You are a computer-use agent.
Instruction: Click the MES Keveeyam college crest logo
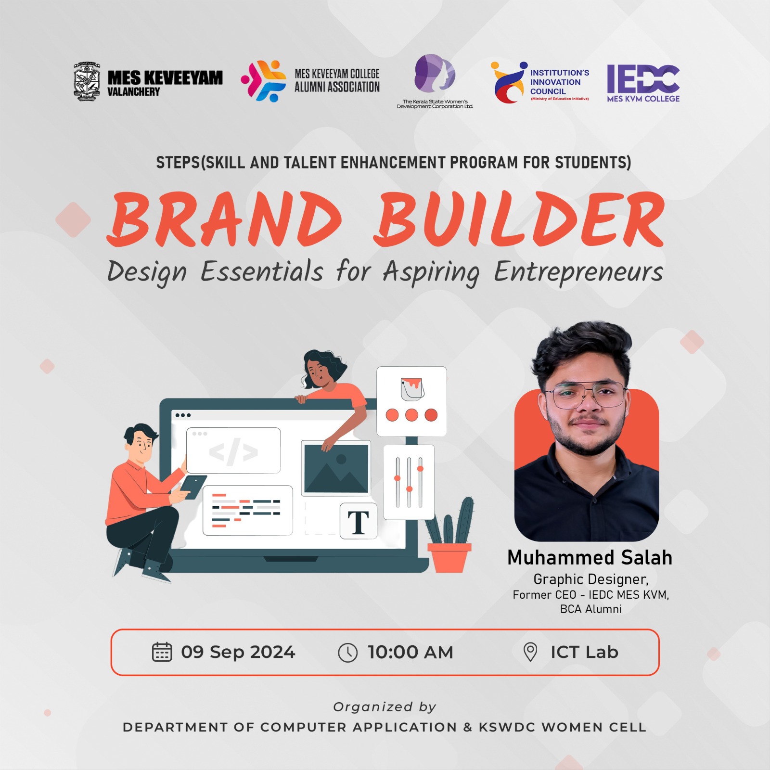click(87, 81)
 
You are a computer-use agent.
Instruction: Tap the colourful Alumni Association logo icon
click(263, 80)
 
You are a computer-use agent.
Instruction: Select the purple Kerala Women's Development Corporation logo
click(435, 73)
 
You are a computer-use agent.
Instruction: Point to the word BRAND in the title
click(224, 219)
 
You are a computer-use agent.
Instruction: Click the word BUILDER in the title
click(519, 219)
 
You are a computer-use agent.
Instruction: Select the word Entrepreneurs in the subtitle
click(578, 272)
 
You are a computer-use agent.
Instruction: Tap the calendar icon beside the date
click(162, 652)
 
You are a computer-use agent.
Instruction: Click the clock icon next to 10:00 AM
click(347, 653)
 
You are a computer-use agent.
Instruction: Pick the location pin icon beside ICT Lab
click(530, 652)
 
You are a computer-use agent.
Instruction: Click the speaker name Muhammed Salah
click(590, 557)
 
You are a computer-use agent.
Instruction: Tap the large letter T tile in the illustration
click(359, 521)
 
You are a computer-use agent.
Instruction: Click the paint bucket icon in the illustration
click(412, 389)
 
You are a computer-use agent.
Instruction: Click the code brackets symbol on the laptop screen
click(233, 452)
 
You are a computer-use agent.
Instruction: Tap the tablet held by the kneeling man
click(194, 487)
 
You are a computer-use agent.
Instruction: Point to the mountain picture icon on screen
click(336, 468)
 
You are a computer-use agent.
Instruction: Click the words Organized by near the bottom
click(385, 707)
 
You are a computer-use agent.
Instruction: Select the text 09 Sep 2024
click(238, 652)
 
